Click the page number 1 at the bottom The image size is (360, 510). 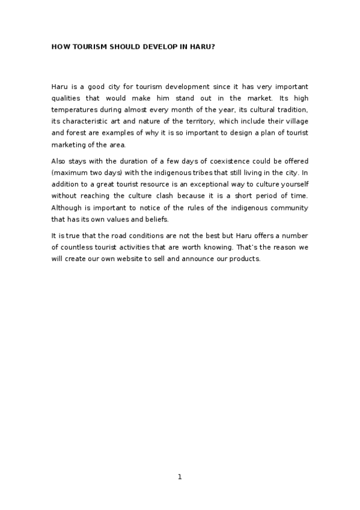tap(180, 477)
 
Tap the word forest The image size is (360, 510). tap(74, 132)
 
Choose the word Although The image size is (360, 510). tap(68, 208)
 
